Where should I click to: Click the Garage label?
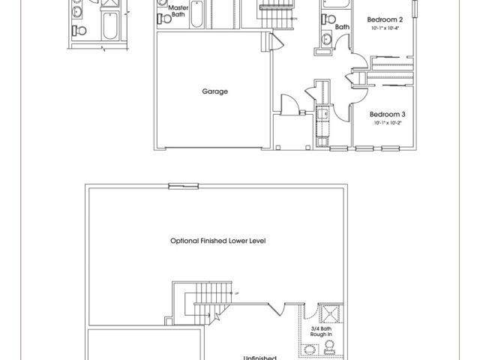tap(214, 91)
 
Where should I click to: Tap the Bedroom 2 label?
tap(385, 19)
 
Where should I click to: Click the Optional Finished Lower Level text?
tap(218, 241)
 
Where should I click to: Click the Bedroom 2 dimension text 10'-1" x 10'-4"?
tap(385, 28)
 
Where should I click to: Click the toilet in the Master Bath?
tap(165, 19)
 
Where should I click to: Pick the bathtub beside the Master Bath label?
tap(196, 13)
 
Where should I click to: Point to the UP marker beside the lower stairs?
tap(237, 292)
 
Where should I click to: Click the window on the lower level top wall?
tap(179, 187)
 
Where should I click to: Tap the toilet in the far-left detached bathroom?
tap(80, 31)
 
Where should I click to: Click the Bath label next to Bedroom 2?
tap(342, 27)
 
